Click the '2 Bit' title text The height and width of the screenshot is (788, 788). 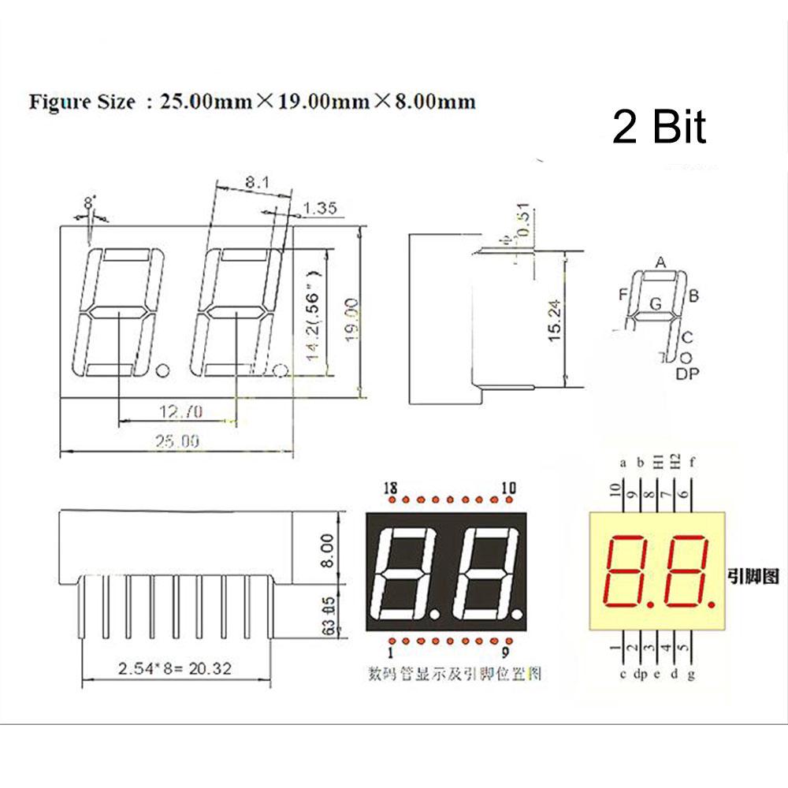pyautogui.click(x=660, y=128)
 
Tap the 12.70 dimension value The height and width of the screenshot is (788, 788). pyautogui.click(x=180, y=411)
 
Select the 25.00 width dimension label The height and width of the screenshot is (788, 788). pyautogui.click(x=177, y=441)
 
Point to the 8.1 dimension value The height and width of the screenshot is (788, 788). pyautogui.click(x=255, y=183)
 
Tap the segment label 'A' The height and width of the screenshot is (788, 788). pyautogui.click(x=661, y=262)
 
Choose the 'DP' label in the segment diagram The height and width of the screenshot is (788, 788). pyautogui.click(x=688, y=374)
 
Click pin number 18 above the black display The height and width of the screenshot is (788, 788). pyautogui.click(x=389, y=489)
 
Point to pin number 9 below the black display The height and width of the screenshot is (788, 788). pyautogui.click(x=505, y=652)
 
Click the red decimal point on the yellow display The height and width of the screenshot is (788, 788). pyautogui.click(x=712, y=603)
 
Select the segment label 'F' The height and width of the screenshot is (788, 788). pyautogui.click(x=623, y=295)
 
